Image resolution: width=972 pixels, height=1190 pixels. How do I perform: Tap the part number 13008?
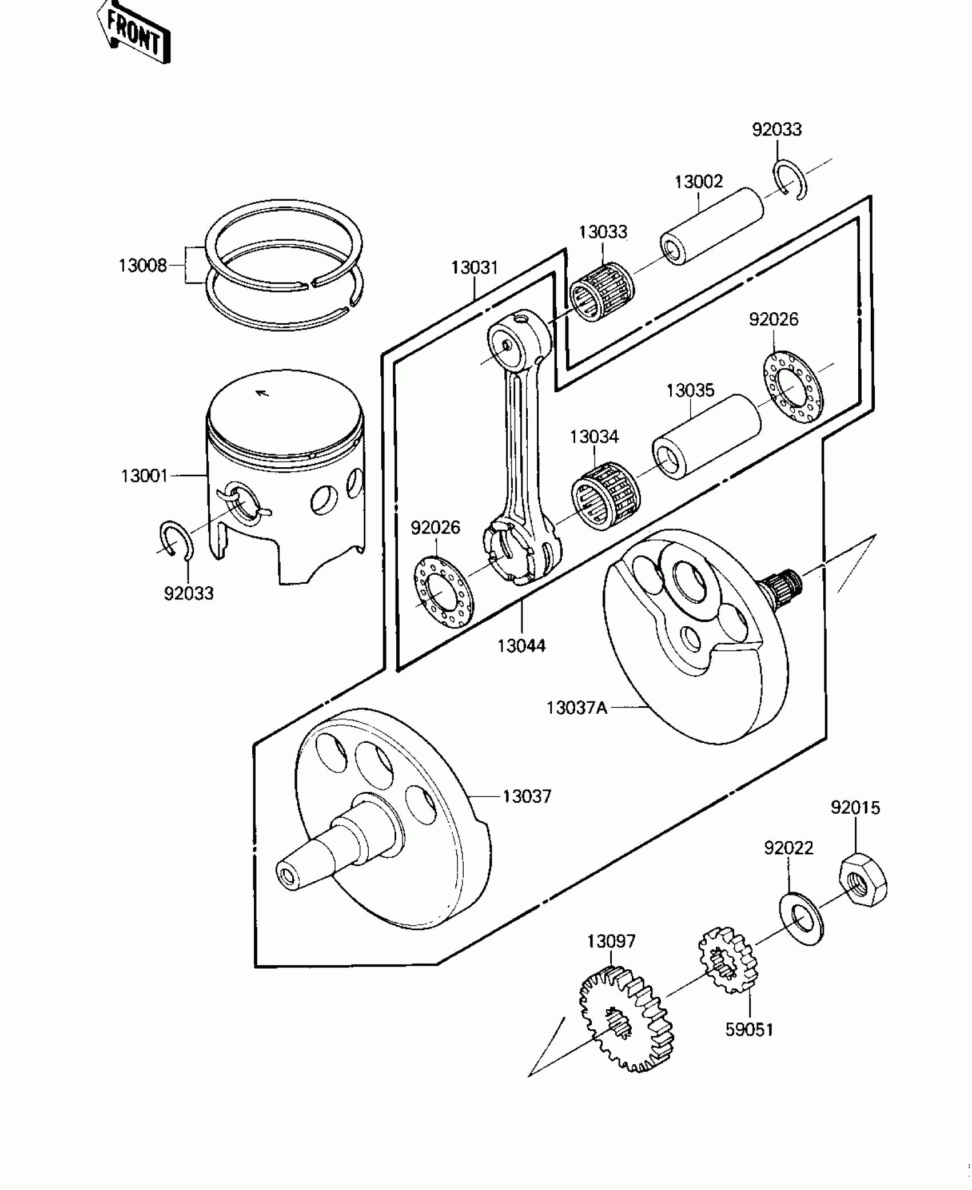point(142,266)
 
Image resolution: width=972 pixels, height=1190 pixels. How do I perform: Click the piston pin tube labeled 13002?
point(712,226)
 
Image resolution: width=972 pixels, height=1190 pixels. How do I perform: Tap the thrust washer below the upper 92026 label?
point(794,387)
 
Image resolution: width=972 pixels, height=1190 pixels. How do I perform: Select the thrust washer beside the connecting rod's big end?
point(443,592)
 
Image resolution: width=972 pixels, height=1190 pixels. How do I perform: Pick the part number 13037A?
point(576,708)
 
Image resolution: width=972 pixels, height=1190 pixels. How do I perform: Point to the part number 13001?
point(144,476)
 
